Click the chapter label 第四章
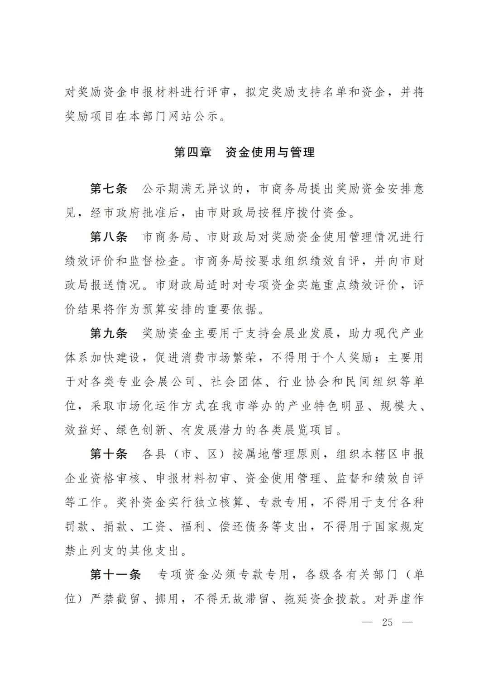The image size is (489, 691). [193, 152]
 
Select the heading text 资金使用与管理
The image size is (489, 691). [270, 152]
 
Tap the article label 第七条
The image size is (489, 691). [109, 189]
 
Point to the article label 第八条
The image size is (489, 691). [109, 237]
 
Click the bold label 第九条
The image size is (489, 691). [109, 334]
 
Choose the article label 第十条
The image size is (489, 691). [109, 454]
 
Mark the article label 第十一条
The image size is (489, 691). [115, 575]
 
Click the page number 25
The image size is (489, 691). [387, 622]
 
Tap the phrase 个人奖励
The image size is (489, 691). [348, 358]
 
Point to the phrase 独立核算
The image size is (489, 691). [219, 502]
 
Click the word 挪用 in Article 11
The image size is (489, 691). [167, 599]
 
